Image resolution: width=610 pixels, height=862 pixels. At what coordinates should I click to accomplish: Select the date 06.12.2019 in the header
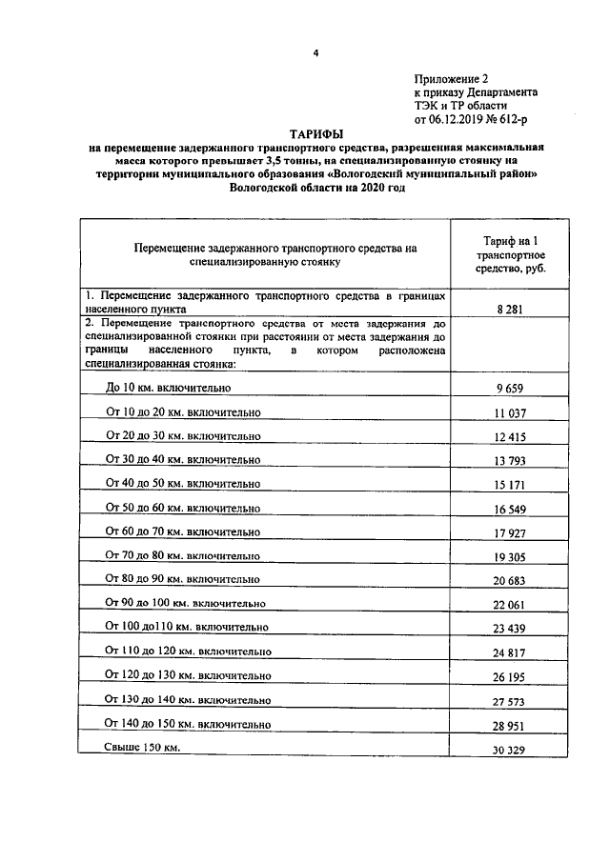462,120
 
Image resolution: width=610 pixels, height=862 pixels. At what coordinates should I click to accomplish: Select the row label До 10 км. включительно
169,388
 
